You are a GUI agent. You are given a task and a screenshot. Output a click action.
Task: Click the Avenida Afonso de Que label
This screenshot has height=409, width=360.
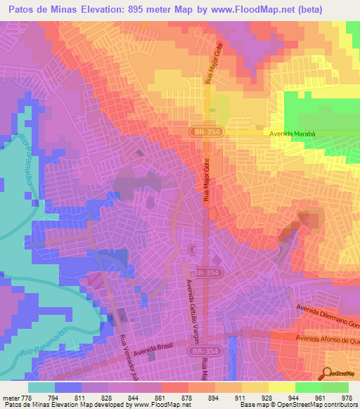(x=328, y=339)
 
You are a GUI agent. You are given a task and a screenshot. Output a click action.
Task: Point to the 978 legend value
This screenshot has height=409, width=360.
(x=347, y=398)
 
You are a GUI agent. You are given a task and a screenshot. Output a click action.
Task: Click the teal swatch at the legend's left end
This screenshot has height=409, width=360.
(x=41, y=387)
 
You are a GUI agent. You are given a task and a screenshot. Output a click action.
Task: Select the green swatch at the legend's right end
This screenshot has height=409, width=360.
(x=335, y=387)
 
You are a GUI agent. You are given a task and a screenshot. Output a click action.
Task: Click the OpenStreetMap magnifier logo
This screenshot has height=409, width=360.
(x=327, y=372)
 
